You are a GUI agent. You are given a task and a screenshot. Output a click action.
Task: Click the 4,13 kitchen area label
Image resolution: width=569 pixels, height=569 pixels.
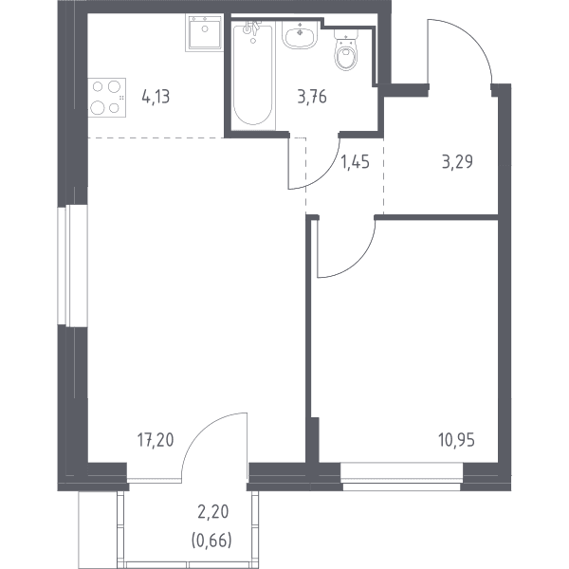tap(156, 98)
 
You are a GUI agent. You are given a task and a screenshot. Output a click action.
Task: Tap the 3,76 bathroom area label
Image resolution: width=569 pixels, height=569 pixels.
tap(312, 98)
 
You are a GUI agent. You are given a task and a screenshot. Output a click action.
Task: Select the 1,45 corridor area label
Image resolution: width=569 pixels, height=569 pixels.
tap(356, 162)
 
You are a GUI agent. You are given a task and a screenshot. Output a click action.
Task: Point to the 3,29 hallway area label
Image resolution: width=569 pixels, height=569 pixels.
tap(457, 162)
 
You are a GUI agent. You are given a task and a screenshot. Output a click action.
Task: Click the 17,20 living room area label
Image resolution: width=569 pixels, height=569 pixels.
tap(156, 440)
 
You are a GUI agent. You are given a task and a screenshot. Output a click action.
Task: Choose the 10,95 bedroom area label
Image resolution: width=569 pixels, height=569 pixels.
tap(456, 440)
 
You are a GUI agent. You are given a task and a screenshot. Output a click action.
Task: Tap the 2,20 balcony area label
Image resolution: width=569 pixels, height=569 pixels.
tap(213, 512)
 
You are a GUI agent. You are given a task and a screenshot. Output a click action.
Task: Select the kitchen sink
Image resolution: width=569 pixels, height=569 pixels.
tap(204, 33)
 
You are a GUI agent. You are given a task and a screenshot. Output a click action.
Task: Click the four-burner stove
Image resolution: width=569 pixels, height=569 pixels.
tap(107, 98)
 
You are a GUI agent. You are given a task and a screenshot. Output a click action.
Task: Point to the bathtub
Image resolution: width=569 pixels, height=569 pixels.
tap(253, 75)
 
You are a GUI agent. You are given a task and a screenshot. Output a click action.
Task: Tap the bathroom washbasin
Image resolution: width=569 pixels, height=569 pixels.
tap(300, 35)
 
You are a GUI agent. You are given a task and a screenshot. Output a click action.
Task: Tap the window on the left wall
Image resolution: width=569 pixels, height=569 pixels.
tap(73, 266)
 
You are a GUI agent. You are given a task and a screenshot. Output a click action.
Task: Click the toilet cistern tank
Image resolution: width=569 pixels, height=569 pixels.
tap(346, 34)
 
